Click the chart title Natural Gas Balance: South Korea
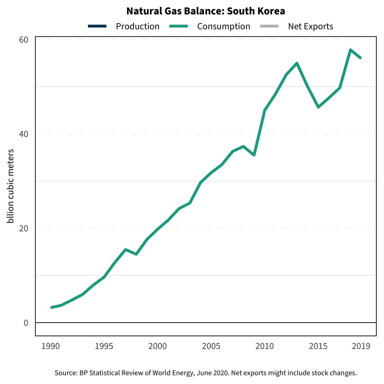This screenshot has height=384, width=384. click(x=205, y=11)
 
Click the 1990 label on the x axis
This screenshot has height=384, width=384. click(x=51, y=346)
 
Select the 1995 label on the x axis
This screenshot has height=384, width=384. click(x=104, y=346)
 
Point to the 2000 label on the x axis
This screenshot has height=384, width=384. click(x=157, y=346)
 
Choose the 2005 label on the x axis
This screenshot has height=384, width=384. click(x=211, y=346)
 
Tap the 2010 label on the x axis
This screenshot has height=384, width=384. click(x=265, y=346)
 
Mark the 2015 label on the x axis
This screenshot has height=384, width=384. click(x=318, y=346)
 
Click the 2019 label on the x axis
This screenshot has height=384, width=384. click(x=361, y=346)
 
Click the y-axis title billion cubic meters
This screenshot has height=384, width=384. click(x=11, y=186)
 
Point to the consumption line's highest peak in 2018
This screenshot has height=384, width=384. click(x=350, y=50)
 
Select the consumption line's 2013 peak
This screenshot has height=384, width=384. click(x=297, y=63)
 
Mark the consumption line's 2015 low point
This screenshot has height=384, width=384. click(x=318, y=107)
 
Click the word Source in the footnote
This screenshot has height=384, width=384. click(x=65, y=373)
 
